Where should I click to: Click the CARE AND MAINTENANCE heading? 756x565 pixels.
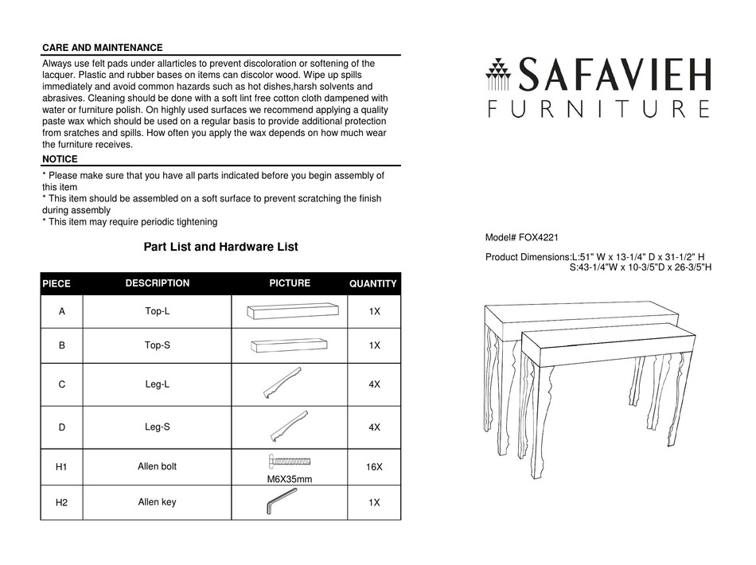coord(102,48)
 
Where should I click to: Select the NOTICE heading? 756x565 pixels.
coord(60,159)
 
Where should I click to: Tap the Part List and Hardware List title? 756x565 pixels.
coord(220,247)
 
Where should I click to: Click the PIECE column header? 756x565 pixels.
coord(56,284)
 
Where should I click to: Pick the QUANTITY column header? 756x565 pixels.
coord(373,284)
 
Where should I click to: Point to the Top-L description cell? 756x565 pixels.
coord(157,311)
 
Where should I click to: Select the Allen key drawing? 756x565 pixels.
coord(281,502)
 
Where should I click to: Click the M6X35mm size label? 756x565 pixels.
coord(289,479)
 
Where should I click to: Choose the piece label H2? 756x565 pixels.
coord(61,503)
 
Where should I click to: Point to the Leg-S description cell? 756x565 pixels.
coord(157,427)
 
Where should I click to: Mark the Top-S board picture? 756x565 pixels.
coord(288,345)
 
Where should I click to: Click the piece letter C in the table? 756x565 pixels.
coord(61,384)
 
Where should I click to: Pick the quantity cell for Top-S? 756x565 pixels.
coord(374,345)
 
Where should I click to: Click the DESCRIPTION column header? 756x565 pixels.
coord(157,283)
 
